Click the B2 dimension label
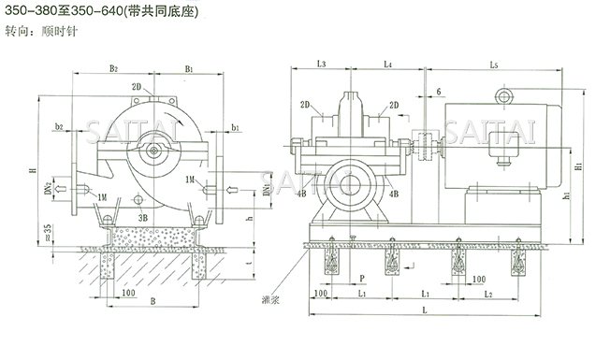tap(112, 68)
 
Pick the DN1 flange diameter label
tap(268, 190)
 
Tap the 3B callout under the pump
tap(144, 216)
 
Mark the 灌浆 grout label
tap(272, 301)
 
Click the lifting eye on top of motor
tap(507, 94)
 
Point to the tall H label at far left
tap(32, 171)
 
